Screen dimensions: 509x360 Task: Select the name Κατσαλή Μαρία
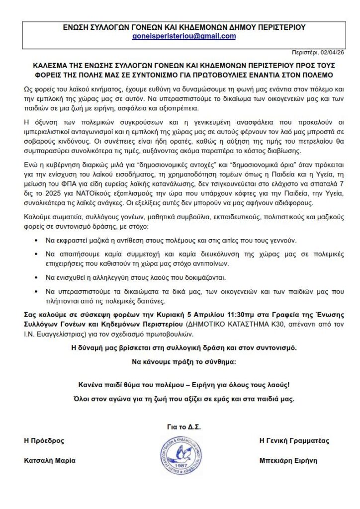[x=50, y=460]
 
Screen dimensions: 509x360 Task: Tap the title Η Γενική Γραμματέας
[x=294, y=440]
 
